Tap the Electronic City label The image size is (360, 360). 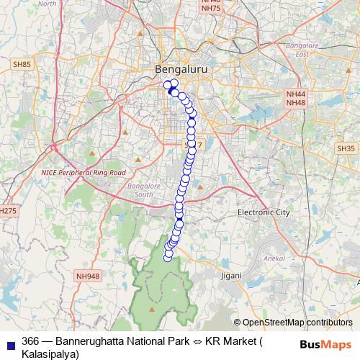pyautogui.click(x=264, y=212)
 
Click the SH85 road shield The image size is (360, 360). pyautogui.click(x=22, y=65)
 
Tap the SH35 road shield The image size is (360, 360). pyautogui.click(x=346, y=148)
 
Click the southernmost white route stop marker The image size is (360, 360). pyautogui.click(x=168, y=258)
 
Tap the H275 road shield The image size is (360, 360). pyautogui.click(x=6, y=211)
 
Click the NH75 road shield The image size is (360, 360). pyautogui.click(x=211, y=8)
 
